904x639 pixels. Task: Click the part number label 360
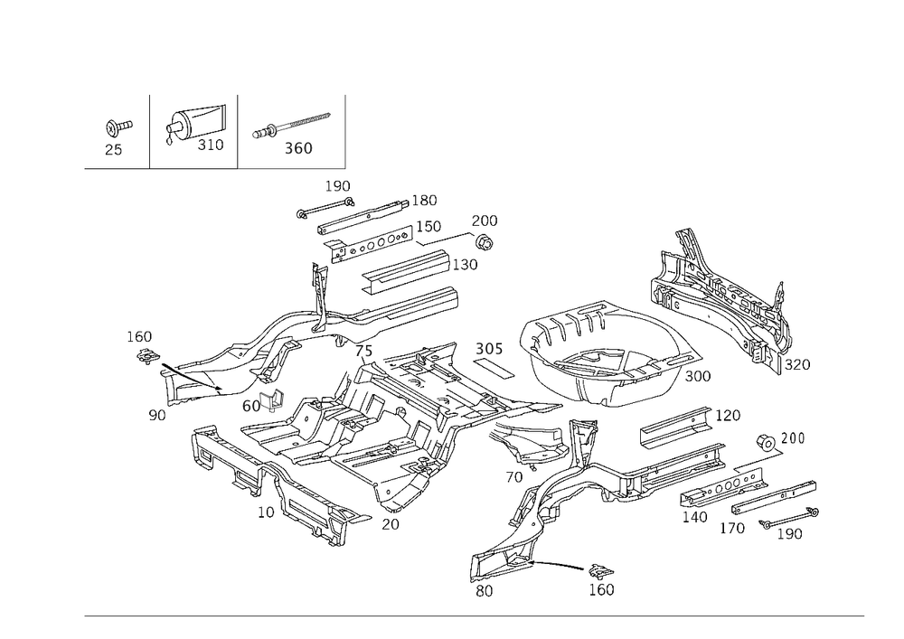(x=298, y=149)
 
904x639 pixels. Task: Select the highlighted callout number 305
(x=488, y=349)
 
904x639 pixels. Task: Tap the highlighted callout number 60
(x=251, y=406)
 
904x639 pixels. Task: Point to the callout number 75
(x=363, y=351)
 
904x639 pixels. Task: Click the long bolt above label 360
(x=291, y=126)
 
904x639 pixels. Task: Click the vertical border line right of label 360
(x=345, y=131)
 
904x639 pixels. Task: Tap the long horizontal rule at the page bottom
(x=475, y=616)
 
